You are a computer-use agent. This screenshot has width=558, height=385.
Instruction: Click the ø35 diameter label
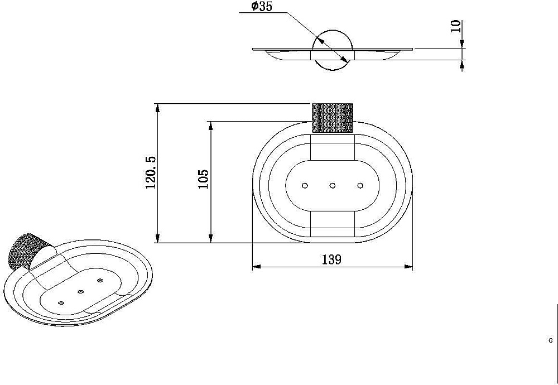262,6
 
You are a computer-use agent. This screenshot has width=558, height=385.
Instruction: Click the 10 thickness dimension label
455,26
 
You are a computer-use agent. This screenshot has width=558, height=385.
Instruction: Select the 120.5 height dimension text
151,172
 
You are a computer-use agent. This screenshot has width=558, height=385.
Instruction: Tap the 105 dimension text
203,179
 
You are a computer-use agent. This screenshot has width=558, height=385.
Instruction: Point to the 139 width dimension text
331,259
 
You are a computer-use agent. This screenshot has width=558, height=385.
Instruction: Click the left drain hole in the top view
305,185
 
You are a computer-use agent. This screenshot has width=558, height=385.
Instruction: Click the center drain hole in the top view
333,185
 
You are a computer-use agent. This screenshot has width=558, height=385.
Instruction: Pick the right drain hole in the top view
360,185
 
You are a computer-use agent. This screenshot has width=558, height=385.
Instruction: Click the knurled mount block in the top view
333,118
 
